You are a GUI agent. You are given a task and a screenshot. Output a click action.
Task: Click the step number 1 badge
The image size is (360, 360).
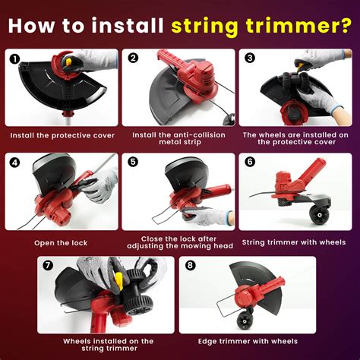pyautogui.click(x=14, y=58)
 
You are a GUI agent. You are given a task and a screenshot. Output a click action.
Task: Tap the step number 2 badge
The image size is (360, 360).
pyautogui.click(x=132, y=58)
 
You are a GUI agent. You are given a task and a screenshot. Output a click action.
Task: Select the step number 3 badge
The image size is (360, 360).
pyautogui.click(x=249, y=58)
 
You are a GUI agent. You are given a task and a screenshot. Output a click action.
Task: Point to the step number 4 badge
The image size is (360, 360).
pyautogui.click(x=14, y=161)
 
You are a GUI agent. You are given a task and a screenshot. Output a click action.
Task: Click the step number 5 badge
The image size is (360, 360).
pyautogui.click(x=132, y=161)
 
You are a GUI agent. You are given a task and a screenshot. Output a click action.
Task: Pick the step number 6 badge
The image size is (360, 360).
pyautogui.click(x=249, y=161)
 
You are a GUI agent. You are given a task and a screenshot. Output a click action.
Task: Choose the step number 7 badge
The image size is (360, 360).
pyautogui.click(x=49, y=265)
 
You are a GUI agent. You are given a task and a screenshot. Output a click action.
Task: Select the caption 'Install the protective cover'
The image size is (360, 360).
pyautogui.click(x=62, y=135)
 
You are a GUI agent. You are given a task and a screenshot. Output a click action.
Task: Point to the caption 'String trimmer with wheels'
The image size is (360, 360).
pyautogui.click(x=294, y=243)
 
